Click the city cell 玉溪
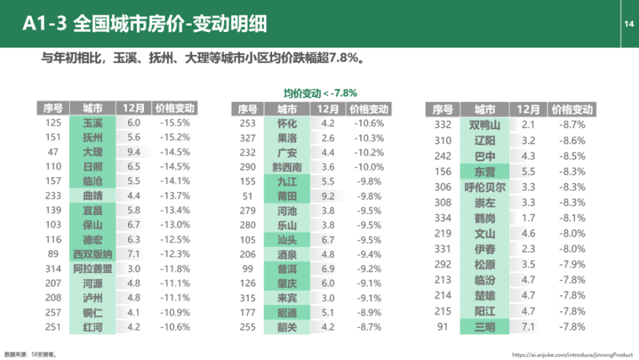coord(93,123)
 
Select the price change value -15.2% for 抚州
coord(175,137)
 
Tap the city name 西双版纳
coord(93,254)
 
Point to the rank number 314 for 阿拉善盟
coord(54,269)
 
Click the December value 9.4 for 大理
coord(134,152)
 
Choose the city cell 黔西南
coord(288,167)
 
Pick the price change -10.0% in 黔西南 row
coord(369,167)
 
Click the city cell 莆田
coord(288,196)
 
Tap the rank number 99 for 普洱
coord(248,269)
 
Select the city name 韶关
coord(288,327)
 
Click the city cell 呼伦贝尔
coord(485,187)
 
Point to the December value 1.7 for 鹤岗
coord(528,218)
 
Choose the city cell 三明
coord(485,327)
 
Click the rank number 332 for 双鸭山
coord(443,125)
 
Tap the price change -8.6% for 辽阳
coord(572,141)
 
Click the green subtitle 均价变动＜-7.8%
coord(320,93)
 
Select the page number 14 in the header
coord(629,24)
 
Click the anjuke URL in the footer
coord(572,355)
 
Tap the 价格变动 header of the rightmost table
coord(572,110)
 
